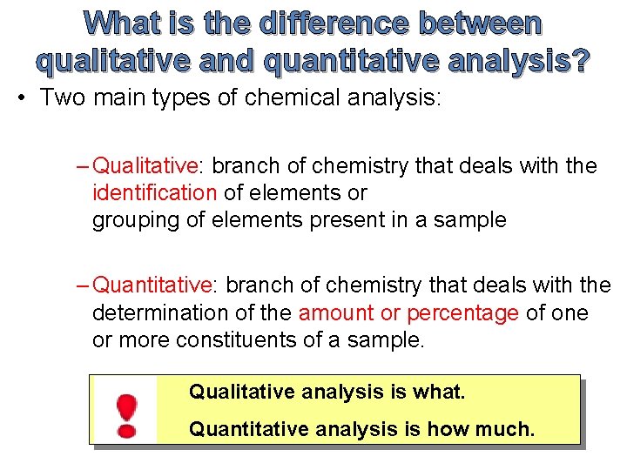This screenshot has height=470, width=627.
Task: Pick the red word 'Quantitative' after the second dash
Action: (x=152, y=285)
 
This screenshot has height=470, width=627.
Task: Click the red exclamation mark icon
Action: (x=127, y=414)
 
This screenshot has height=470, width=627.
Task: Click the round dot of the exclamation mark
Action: (x=127, y=430)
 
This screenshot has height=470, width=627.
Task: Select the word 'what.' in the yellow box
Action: (x=440, y=393)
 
